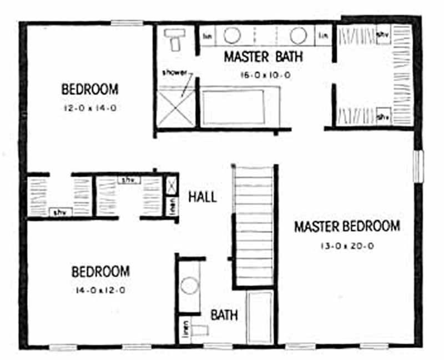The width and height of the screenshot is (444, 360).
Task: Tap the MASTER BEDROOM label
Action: pos(347,227)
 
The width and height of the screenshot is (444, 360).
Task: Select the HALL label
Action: pos(202,197)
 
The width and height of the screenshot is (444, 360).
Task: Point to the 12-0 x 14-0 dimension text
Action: pos(89,109)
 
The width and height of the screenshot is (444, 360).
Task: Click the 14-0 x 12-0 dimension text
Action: pos(100,291)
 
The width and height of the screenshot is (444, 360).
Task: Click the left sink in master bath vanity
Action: pos(231,36)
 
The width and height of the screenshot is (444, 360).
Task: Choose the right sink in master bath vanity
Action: pos(297,36)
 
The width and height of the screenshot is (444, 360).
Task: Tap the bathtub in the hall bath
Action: pos(259,318)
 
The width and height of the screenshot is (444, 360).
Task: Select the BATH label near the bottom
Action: pos(224,315)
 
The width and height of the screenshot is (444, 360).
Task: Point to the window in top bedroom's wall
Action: pos(127,23)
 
